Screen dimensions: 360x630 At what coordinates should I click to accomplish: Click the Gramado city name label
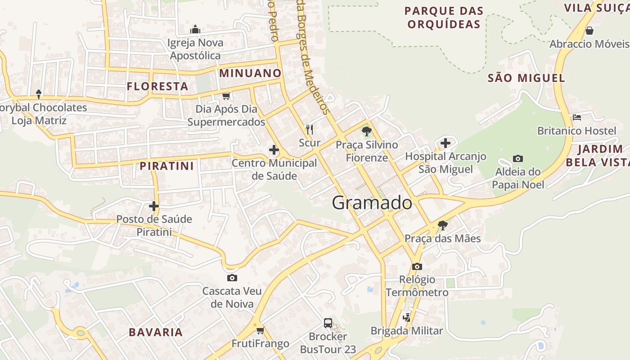tap(372, 203)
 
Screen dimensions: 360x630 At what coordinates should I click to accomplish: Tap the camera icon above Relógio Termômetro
tap(417, 266)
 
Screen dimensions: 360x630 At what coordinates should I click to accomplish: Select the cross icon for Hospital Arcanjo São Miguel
tap(445, 143)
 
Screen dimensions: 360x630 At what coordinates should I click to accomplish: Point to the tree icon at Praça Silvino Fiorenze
tap(367, 131)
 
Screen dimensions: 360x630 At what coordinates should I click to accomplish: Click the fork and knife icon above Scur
tap(310, 130)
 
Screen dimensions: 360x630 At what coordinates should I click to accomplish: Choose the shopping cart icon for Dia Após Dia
tap(226, 96)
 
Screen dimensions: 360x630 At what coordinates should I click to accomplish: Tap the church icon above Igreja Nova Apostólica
tap(195, 29)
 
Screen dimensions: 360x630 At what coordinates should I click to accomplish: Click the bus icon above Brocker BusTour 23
tap(328, 323)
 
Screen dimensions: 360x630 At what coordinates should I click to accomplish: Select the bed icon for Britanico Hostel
tap(577, 117)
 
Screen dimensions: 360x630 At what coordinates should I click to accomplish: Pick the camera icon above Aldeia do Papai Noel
tap(518, 158)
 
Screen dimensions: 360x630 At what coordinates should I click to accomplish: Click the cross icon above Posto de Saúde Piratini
tap(154, 206)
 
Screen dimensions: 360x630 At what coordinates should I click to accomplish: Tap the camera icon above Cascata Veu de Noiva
tap(232, 278)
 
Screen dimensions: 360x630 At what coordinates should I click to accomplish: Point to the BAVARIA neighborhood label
tap(156, 333)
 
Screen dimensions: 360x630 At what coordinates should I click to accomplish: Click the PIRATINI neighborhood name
tap(166, 166)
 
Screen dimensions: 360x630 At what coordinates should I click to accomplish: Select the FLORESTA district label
tap(157, 86)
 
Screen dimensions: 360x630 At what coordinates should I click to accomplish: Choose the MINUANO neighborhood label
tap(250, 73)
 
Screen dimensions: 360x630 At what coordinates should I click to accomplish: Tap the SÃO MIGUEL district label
tap(526, 78)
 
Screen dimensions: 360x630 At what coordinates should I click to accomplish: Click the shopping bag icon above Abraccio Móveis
tap(589, 31)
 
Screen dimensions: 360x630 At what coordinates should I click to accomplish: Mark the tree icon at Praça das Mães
tap(443, 225)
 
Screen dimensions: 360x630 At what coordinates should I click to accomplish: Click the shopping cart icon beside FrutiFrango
tap(260, 331)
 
